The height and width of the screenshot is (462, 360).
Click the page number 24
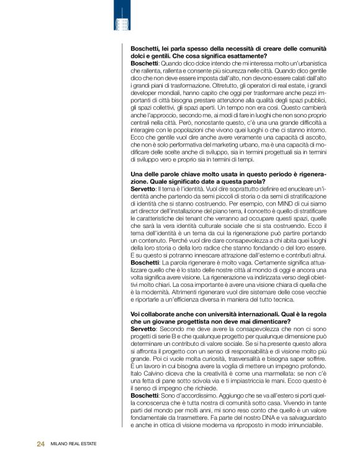point(41,444)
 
